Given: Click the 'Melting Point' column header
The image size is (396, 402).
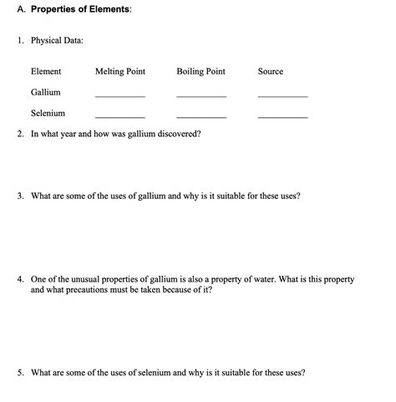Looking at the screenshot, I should [120, 72].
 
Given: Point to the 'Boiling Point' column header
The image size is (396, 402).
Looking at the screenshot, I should [201, 72].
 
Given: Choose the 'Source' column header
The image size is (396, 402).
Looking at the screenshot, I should [271, 72].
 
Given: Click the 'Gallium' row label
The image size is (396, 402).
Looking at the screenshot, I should [45, 92].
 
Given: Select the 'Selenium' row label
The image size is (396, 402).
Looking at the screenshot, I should [48, 113].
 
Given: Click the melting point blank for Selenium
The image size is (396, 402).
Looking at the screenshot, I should [120, 116].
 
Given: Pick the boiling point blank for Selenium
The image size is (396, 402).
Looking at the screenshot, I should [201, 116].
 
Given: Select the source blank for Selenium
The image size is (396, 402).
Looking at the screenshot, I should [282, 116].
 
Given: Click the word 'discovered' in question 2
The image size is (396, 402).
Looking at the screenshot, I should [178, 134].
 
